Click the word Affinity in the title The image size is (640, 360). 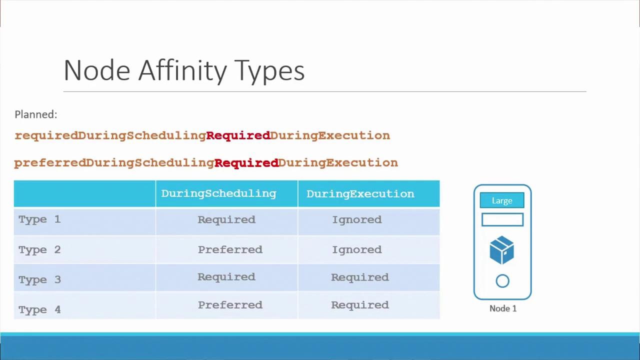point(182,71)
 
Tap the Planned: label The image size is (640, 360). point(36,114)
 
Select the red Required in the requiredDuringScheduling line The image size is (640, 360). point(238,135)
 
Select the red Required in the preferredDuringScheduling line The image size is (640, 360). point(246,163)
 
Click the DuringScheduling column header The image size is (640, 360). point(218,193)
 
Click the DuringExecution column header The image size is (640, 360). point(360,194)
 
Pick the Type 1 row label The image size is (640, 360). point(39,219)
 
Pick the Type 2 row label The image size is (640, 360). point(39,250)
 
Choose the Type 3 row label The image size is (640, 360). point(39,279)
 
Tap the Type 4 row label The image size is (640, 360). point(39,309)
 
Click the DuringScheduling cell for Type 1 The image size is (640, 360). point(226,219)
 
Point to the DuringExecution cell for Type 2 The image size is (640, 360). point(357,250)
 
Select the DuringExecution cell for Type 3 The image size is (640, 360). point(360,277)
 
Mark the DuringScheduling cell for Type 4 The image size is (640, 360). point(230,305)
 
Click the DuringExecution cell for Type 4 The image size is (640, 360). point(360,305)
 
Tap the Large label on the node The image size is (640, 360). point(502,200)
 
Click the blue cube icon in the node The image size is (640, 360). point(501,250)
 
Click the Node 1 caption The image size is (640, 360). point(503,308)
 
